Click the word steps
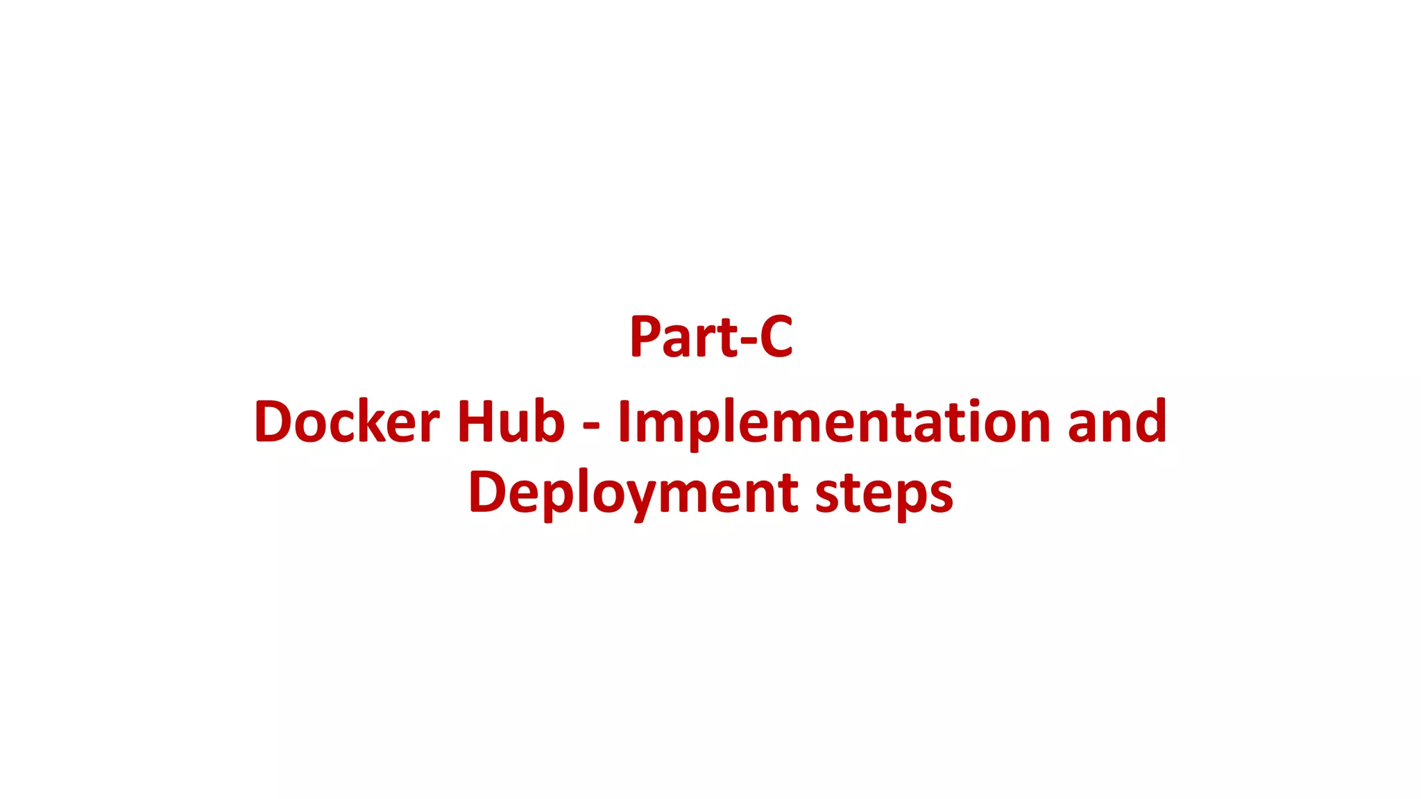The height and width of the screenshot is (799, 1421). [x=884, y=493]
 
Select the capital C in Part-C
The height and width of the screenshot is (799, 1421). [x=776, y=337]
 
